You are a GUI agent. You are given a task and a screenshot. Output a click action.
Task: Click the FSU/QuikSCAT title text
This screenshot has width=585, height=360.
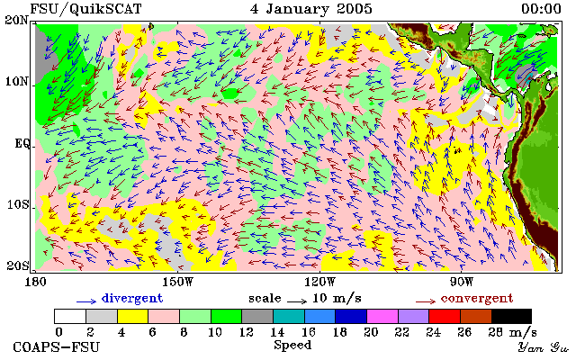tap(85, 9)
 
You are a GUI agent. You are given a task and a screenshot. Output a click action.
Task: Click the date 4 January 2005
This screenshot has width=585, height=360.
tap(310, 9)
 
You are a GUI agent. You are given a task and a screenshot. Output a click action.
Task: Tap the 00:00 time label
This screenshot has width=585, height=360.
tap(541, 9)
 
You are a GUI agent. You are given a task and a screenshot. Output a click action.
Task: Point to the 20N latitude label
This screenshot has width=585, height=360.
tap(17, 20)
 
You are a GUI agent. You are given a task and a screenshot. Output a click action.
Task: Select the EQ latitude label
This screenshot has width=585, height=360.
tap(22, 143)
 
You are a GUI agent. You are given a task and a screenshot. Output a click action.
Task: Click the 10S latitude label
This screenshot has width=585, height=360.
tap(18, 204)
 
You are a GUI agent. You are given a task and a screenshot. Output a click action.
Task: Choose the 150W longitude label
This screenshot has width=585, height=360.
tap(179, 282)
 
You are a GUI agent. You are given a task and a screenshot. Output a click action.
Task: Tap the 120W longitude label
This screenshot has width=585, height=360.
tap(320, 282)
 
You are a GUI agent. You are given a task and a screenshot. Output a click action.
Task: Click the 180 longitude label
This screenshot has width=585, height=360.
tap(35, 282)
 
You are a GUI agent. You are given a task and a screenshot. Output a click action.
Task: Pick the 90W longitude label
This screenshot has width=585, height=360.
tap(462, 282)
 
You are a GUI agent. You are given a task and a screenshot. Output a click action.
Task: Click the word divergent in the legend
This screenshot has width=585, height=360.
tap(132, 298)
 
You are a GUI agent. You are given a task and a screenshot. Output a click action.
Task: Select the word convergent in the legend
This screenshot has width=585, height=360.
tap(477, 298)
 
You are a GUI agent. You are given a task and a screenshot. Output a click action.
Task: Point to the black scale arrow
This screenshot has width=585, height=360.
tap(297, 301)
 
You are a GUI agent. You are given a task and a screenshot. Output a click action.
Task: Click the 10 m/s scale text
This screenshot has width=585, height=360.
tap(337, 298)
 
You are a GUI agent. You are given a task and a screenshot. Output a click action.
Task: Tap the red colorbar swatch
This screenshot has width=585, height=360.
tap(445, 317)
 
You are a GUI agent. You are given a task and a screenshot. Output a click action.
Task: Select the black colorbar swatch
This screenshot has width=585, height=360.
tap(511, 317)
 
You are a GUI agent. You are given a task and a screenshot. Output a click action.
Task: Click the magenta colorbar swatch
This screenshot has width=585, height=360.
tap(382, 317)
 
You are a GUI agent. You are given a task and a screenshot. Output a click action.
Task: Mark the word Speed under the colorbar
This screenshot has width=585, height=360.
tap(292, 345)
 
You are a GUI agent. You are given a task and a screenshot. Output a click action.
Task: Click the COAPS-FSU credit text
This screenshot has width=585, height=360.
tap(57, 346)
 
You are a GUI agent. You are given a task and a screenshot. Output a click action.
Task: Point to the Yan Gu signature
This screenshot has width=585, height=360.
tap(544, 347)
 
